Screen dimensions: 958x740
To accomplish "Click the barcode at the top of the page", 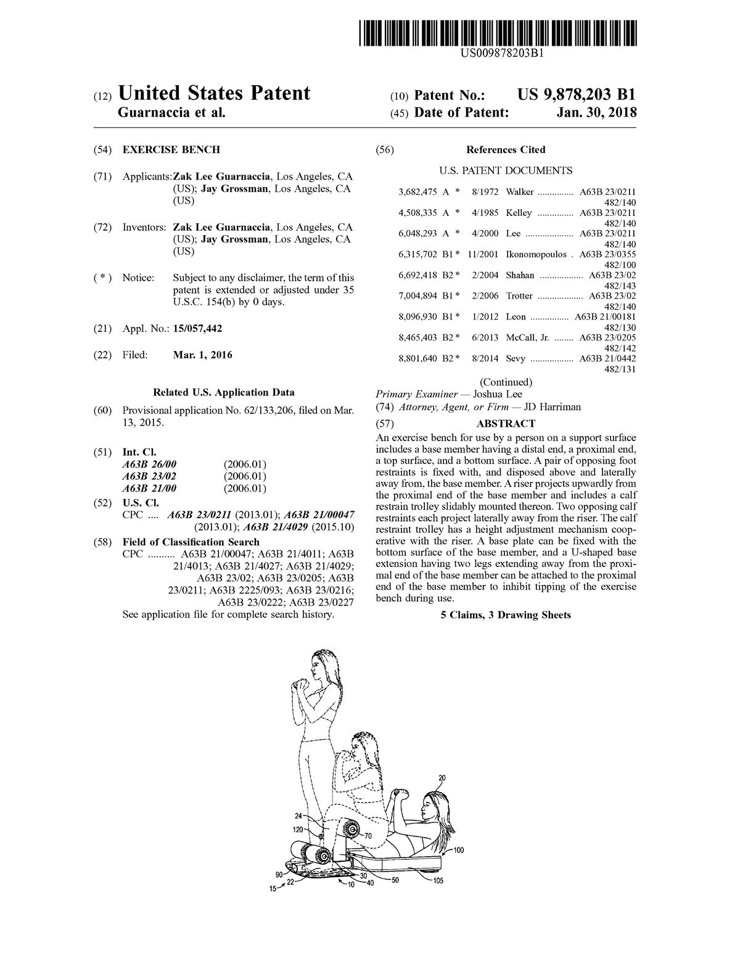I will point(498,33).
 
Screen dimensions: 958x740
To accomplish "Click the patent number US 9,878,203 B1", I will point(576,94).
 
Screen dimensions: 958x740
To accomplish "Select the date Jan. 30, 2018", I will point(596,113).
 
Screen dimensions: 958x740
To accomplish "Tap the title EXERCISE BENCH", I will point(171,150).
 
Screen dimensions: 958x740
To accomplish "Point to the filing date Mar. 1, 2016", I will point(203,355).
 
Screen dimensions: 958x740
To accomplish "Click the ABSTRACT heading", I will point(506,423).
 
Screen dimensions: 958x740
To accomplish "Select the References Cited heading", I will point(506,150).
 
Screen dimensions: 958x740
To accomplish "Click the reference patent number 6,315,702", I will point(418,254).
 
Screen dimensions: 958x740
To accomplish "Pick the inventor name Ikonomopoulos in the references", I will point(536,254).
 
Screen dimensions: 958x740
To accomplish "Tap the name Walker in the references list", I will point(520,192).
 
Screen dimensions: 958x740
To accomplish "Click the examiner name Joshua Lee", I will point(497,394).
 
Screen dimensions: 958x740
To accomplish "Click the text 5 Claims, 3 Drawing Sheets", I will point(506,615).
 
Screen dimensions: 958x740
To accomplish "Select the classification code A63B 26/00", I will point(149,464).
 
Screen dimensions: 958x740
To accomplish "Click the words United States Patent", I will point(213,94).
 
